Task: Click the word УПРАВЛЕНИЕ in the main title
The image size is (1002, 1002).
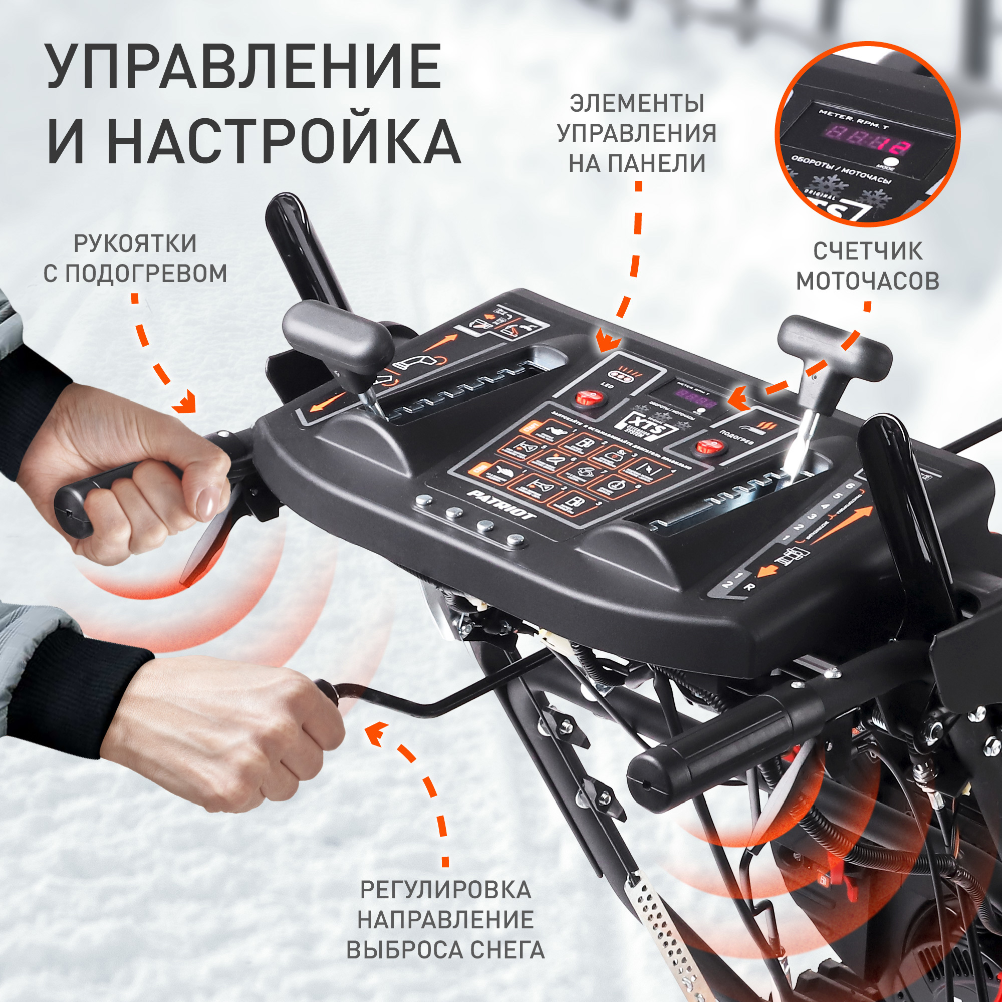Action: [x=244, y=67]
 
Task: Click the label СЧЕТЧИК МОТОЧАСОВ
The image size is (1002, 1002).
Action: [x=867, y=266]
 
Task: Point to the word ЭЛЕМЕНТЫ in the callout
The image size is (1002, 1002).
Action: [x=637, y=103]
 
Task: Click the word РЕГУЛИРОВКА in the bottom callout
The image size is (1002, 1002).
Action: [x=445, y=890]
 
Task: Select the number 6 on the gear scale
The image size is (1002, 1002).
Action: [x=850, y=486]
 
